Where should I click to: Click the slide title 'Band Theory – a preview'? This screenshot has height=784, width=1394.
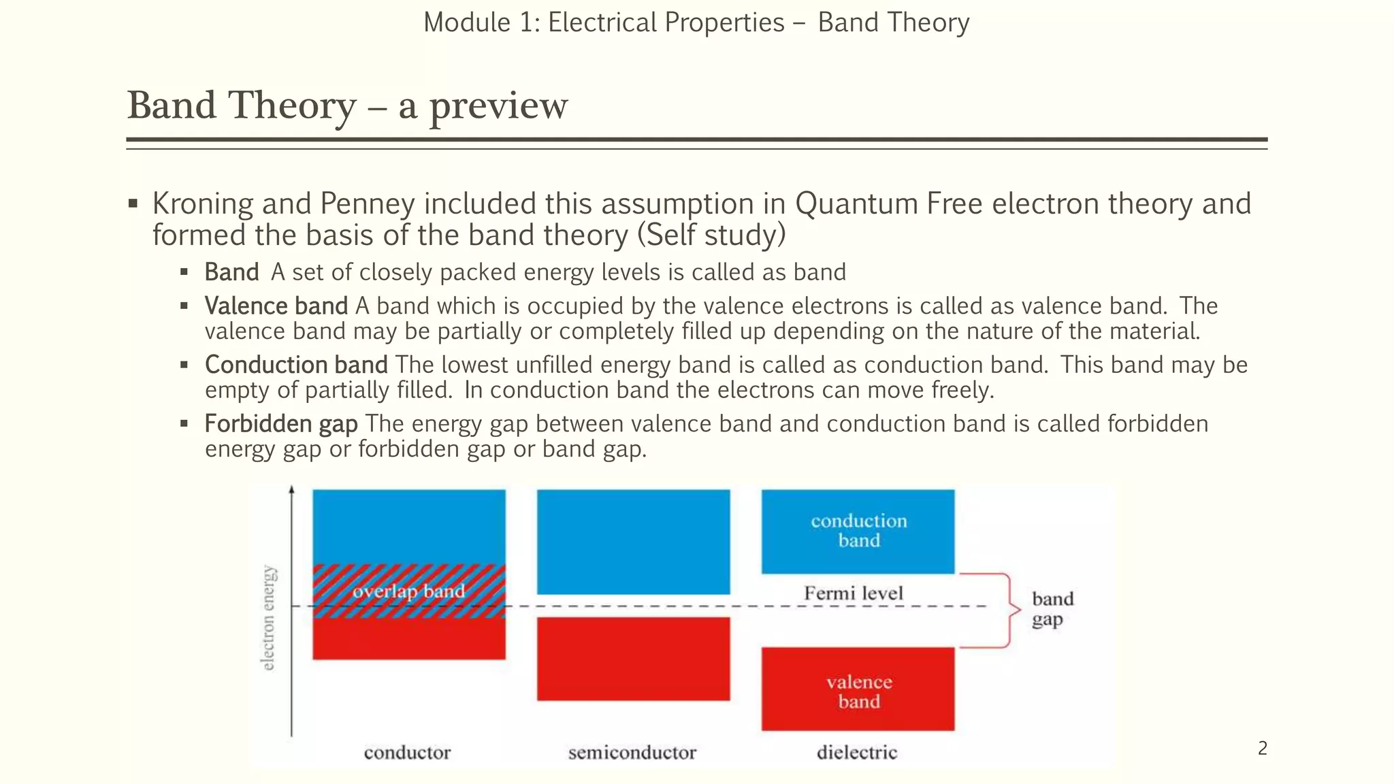347,106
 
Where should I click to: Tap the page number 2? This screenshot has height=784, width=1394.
1263,749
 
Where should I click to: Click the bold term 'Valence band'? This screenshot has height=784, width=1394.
276,306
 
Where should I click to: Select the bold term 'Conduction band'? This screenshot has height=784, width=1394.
296,365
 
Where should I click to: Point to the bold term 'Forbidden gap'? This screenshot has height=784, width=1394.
281,424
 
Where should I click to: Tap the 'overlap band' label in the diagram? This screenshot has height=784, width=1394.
408,591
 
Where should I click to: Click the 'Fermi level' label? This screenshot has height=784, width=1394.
854,593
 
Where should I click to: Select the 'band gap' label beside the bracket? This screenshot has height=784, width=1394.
1052,609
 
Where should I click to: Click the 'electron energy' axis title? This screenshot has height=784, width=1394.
270,617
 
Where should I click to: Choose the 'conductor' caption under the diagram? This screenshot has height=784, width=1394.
407,753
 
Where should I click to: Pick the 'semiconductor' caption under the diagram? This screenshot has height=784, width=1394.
632,753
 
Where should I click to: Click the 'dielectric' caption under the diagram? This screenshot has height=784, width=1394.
857,753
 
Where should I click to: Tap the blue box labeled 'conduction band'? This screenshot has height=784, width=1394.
858,531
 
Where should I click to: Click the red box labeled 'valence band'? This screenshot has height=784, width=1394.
858,690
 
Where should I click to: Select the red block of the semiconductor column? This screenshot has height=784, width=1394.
633,659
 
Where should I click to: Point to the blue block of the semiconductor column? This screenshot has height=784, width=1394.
633,542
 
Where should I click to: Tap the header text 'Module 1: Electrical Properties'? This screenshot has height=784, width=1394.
604,22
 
